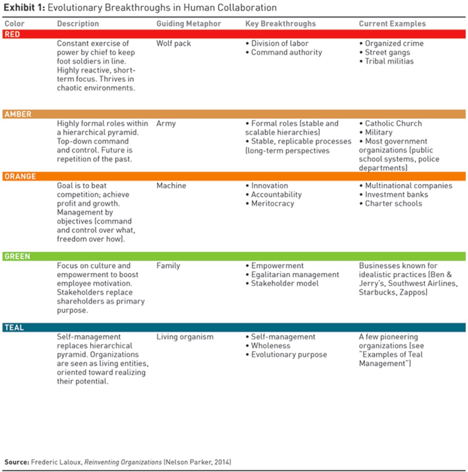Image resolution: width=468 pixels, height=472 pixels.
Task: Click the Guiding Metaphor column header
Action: [189, 23]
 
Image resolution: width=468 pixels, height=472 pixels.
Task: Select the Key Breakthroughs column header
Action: [280, 23]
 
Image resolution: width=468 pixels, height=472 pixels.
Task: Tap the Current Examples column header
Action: [392, 23]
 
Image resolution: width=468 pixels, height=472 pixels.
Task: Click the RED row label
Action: [12, 34]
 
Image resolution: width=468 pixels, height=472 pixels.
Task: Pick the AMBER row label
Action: [18, 114]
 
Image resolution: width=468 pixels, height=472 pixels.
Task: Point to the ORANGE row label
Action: [20, 176]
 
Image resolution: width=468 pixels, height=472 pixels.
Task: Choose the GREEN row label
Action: [17, 256]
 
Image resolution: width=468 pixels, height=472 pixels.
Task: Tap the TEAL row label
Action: [14, 327]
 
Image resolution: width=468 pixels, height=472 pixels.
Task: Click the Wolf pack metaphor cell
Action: [173, 44]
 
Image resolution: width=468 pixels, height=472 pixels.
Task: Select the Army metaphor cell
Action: [166, 124]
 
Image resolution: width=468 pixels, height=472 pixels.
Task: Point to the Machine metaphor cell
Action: [171, 186]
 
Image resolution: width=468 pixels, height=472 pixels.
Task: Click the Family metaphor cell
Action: [168, 265]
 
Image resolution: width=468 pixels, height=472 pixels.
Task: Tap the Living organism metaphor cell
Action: [185, 337]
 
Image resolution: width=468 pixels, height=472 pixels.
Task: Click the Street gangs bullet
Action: [385, 52]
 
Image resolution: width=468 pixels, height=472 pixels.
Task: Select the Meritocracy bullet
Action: [270, 203]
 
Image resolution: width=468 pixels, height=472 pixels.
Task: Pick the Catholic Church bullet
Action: [391, 124]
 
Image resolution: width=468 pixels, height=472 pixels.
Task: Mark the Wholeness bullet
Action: [268, 345]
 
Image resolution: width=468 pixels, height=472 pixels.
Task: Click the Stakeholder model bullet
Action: [282, 283]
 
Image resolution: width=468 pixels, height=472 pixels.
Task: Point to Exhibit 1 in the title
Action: [25, 7]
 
